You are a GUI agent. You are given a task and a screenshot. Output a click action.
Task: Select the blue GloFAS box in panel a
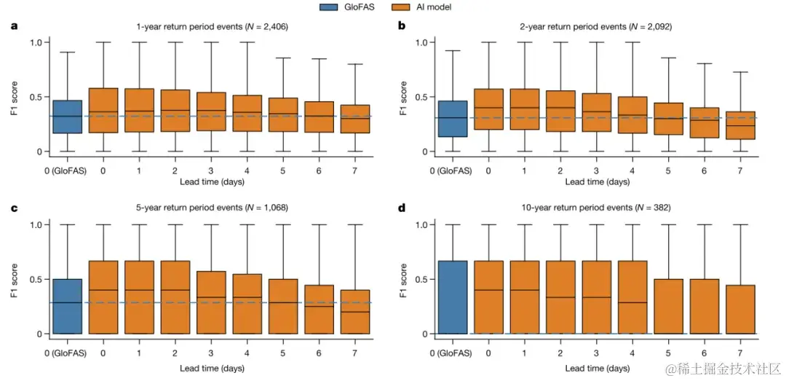67,117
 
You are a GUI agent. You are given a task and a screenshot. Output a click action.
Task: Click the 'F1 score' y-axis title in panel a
13,96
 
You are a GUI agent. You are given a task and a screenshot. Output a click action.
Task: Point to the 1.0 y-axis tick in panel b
422,42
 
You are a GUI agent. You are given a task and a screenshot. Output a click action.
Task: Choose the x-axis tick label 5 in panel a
282,170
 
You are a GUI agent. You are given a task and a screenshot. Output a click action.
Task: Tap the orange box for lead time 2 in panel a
175,111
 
